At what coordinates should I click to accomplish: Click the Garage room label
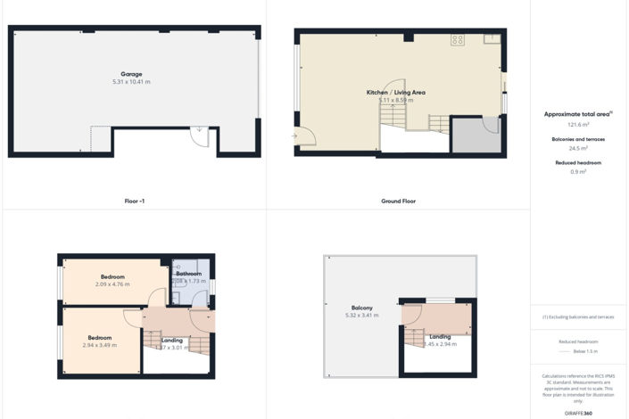pyautogui.click(x=131, y=74)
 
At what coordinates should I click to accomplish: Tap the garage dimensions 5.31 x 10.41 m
pyautogui.click(x=131, y=82)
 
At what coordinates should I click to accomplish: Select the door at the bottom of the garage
pyautogui.click(x=200, y=134)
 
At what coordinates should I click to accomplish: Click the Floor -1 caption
pyautogui.click(x=134, y=201)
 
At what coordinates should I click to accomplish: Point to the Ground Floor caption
pyautogui.click(x=398, y=201)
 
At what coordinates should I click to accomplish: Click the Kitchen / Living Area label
pyautogui.click(x=395, y=93)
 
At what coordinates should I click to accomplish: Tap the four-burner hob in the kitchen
pyautogui.click(x=458, y=39)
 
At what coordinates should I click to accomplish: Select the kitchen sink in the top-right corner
pyautogui.click(x=492, y=38)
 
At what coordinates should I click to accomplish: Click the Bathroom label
pyautogui.click(x=188, y=274)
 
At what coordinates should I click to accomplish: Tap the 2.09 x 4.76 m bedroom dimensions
pyautogui.click(x=112, y=284)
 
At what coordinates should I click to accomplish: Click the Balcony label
pyautogui.click(x=361, y=308)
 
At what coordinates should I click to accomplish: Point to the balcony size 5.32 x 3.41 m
pyautogui.click(x=361, y=316)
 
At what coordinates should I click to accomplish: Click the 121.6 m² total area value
pyautogui.click(x=578, y=125)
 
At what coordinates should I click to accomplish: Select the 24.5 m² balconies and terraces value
pyautogui.click(x=578, y=148)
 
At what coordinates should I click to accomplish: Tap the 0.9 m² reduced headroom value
pyautogui.click(x=578, y=172)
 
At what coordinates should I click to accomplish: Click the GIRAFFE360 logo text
pyautogui.click(x=578, y=414)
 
